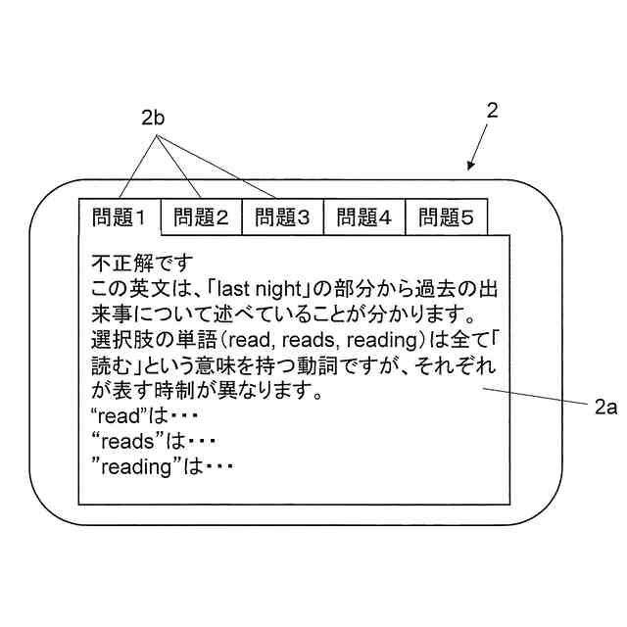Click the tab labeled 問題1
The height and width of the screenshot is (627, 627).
pyautogui.click(x=119, y=217)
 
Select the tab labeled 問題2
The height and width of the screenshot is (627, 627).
pyautogui.click(x=201, y=217)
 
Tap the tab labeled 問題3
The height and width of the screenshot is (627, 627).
pyautogui.click(x=282, y=217)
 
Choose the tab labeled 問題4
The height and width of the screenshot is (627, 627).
pyautogui.click(x=363, y=217)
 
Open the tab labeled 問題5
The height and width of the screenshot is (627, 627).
pyautogui.click(x=446, y=217)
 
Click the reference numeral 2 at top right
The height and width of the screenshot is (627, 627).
pyautogui.click(x=493, y=111)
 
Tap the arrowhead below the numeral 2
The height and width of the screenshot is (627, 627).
pyautogui.click(x=472, y=167)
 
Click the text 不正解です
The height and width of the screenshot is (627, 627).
pyautogui.click(x=143, y=264)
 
